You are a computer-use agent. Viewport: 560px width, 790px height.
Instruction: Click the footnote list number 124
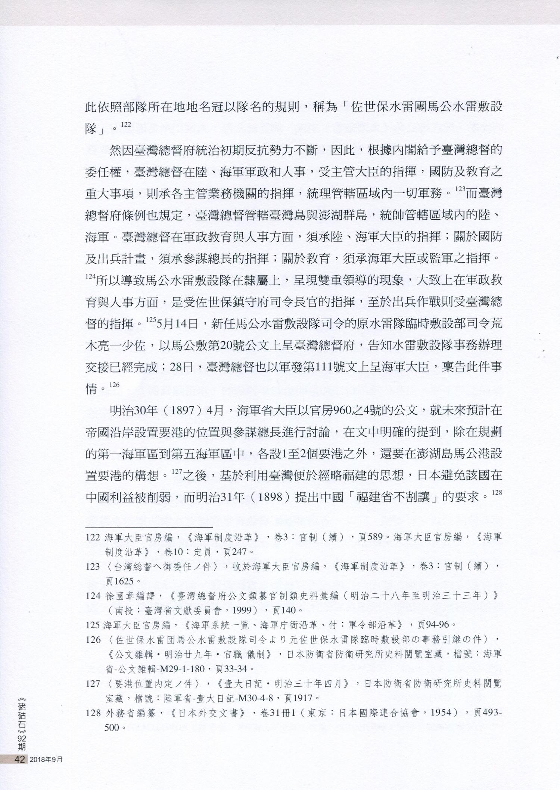point(93,596)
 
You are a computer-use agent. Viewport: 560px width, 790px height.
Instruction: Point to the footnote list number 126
point(93,640)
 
